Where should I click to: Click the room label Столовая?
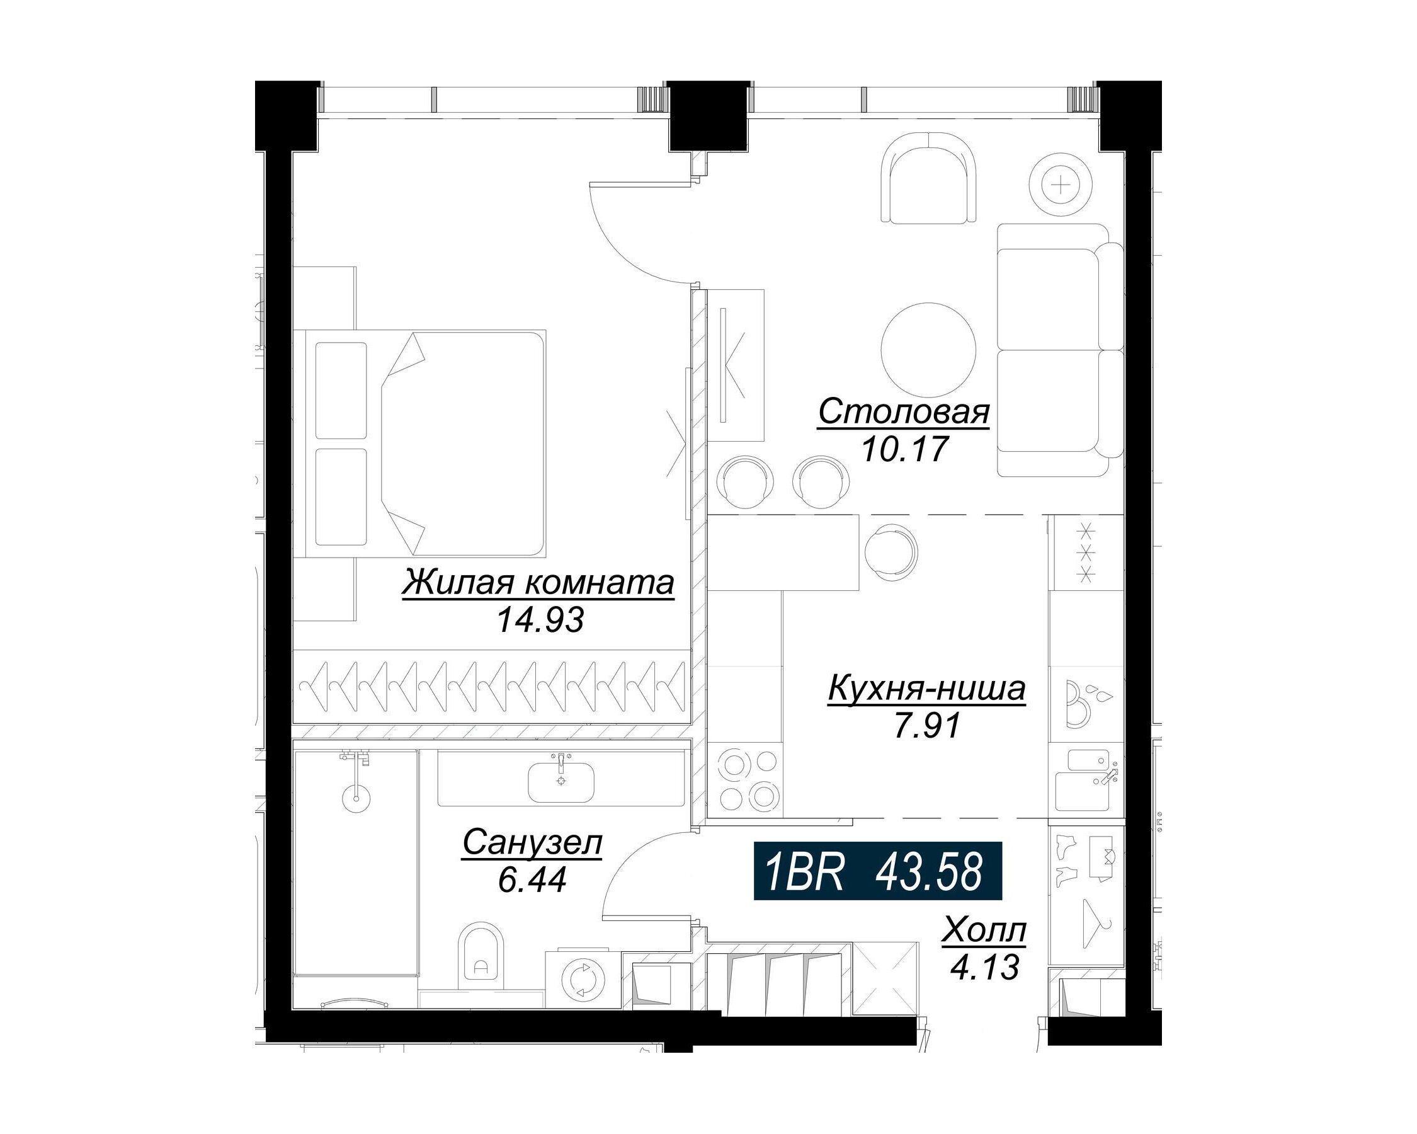point(904,413)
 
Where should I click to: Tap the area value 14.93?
point(540,619)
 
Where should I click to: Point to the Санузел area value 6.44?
point(532,880)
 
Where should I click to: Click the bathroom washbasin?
point(561,781)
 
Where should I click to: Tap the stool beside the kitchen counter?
point(891,551)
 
